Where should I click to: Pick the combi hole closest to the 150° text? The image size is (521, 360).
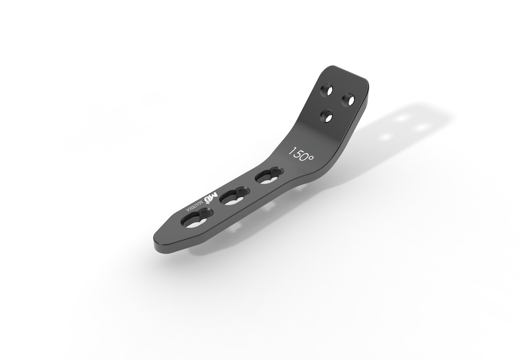[x=269, y=177]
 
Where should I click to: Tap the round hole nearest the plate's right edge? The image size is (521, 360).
[x=348, y=99]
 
